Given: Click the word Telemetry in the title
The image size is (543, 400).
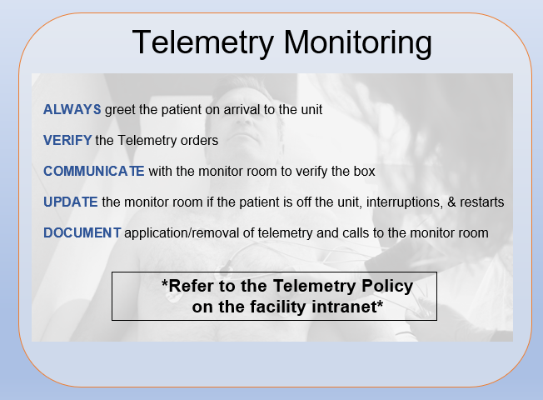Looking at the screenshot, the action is pos(203,42).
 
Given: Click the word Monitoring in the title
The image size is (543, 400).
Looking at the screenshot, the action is pos(358,43).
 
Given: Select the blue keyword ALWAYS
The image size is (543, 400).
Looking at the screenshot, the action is pos(72,109).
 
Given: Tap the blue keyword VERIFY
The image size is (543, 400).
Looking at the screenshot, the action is pos(67,140).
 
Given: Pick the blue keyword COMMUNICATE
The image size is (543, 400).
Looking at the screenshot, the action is pos(94,171).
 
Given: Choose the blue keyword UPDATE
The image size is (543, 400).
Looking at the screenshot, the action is pos(71,202).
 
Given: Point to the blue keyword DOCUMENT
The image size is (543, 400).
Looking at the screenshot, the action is pos(82,233).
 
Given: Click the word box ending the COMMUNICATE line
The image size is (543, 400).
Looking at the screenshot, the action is pos(364,171).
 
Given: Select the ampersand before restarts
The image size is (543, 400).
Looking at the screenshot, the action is pos(451,202).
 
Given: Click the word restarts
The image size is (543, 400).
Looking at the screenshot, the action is pos(481,202).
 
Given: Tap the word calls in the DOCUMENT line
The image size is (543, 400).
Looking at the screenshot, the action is pos(356,233).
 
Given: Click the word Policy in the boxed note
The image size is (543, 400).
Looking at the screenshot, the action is pos(387,287).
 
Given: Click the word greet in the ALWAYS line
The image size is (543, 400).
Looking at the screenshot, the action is pos(120,110).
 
